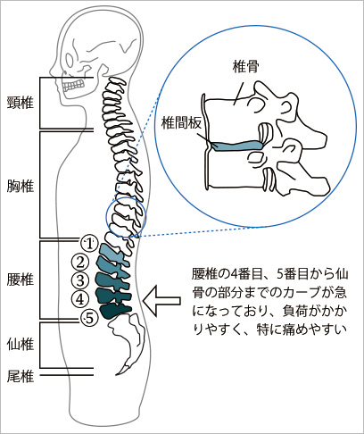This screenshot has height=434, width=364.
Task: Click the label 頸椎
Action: click(x=21, y=103)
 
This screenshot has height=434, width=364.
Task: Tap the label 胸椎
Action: click(x=21, y=187)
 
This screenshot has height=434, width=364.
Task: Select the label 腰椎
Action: click(x=21, y=280)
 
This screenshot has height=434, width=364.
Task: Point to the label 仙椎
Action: click(x=21, y=344)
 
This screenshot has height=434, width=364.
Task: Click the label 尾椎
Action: click(x=21, y=377)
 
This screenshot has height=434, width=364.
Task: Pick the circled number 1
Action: click(x=89, y=244)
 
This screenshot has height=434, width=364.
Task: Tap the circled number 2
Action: click(x=80, y=262)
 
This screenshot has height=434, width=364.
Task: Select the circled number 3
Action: click(x=80, y=280)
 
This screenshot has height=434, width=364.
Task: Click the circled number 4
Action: click(x=80, y=299)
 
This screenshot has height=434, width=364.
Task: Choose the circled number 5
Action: click(x=89, y=318)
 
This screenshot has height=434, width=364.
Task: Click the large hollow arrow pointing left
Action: click(x=161, y=301)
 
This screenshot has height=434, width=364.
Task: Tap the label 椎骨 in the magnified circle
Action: click(x=245, y=67)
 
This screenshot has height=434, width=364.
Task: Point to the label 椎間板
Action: click(x=181, y=122)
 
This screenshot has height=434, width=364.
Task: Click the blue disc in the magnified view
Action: click(x=238, y=146)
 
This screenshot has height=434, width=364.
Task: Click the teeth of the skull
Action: click(x=73, y=85)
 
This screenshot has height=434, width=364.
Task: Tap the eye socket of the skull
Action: click(x=70, y=61)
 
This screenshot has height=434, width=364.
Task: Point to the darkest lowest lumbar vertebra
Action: click(x=115, y=311)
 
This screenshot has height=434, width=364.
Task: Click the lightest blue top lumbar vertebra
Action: click(x=112, y=253)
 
